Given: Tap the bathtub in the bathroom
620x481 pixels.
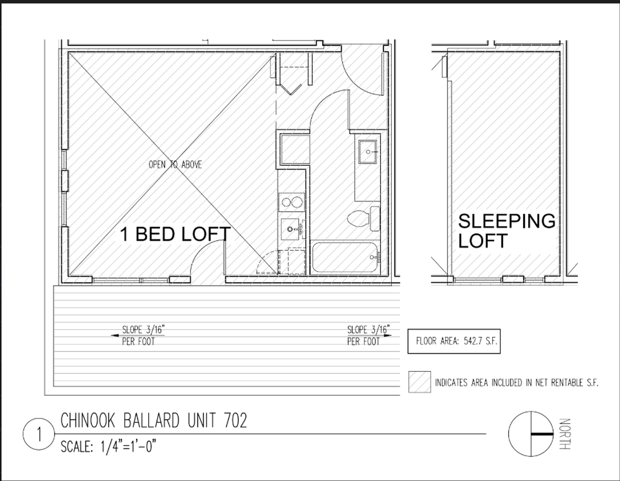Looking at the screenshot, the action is [x=346, y=257].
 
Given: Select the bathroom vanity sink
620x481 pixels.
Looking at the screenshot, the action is [x=367, y=152].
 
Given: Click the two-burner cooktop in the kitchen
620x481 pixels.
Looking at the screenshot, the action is [x=292, y=202].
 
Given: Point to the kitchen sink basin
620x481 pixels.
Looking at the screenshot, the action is [x=290, y=229].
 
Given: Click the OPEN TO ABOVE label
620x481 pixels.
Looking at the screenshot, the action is [x=175, y=165].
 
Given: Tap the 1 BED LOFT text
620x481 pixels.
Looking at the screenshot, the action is [x=175, y=234].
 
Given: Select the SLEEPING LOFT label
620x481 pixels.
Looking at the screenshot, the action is [x=507, y=231].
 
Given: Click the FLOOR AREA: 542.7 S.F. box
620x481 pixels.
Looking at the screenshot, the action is [x=454, y=341].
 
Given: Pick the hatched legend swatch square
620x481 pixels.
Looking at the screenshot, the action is [x=420, y=382].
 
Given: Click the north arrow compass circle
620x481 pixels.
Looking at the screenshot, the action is [x=530, y=434].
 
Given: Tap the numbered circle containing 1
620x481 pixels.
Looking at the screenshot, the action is [x=39, y=434].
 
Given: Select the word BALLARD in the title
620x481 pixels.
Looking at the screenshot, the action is [x=151, y=420].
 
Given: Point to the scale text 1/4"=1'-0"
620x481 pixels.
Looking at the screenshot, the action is [x=128, y=447].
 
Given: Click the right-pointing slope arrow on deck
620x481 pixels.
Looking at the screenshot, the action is [x=387, y=335].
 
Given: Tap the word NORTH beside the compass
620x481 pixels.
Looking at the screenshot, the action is [x=564, y=434].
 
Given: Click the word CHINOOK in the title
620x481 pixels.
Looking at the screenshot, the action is [x=88, y=420].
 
